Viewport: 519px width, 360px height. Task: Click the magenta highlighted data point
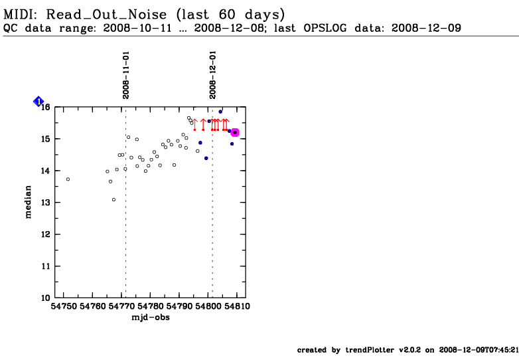(235, 132)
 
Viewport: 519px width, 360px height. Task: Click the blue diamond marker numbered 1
(38, 102)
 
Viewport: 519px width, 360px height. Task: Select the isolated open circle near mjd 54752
(68, 179)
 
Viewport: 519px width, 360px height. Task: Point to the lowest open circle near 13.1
(114, 200)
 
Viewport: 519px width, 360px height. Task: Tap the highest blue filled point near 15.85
(220, 112)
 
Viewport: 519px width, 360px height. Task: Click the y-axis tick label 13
(46, 203)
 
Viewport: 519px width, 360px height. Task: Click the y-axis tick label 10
(46, 298)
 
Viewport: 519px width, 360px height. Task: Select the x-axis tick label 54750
(63, 306)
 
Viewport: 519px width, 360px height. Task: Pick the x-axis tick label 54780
(150, 306)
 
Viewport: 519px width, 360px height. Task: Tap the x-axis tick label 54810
(237, 306)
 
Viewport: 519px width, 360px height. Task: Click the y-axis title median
(28, 202)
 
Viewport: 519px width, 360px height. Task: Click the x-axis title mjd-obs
(151, 317)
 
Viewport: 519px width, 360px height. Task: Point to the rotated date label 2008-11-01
(126, 75)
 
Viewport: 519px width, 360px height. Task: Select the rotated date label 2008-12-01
(212, 75)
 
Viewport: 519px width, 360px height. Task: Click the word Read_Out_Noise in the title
(107, 15)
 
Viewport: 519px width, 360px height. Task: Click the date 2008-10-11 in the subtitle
(137, 28)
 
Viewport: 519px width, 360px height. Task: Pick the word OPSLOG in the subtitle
(325, 28)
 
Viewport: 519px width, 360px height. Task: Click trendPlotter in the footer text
(370, 350)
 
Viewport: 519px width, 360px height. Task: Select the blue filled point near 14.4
(206, 158)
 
